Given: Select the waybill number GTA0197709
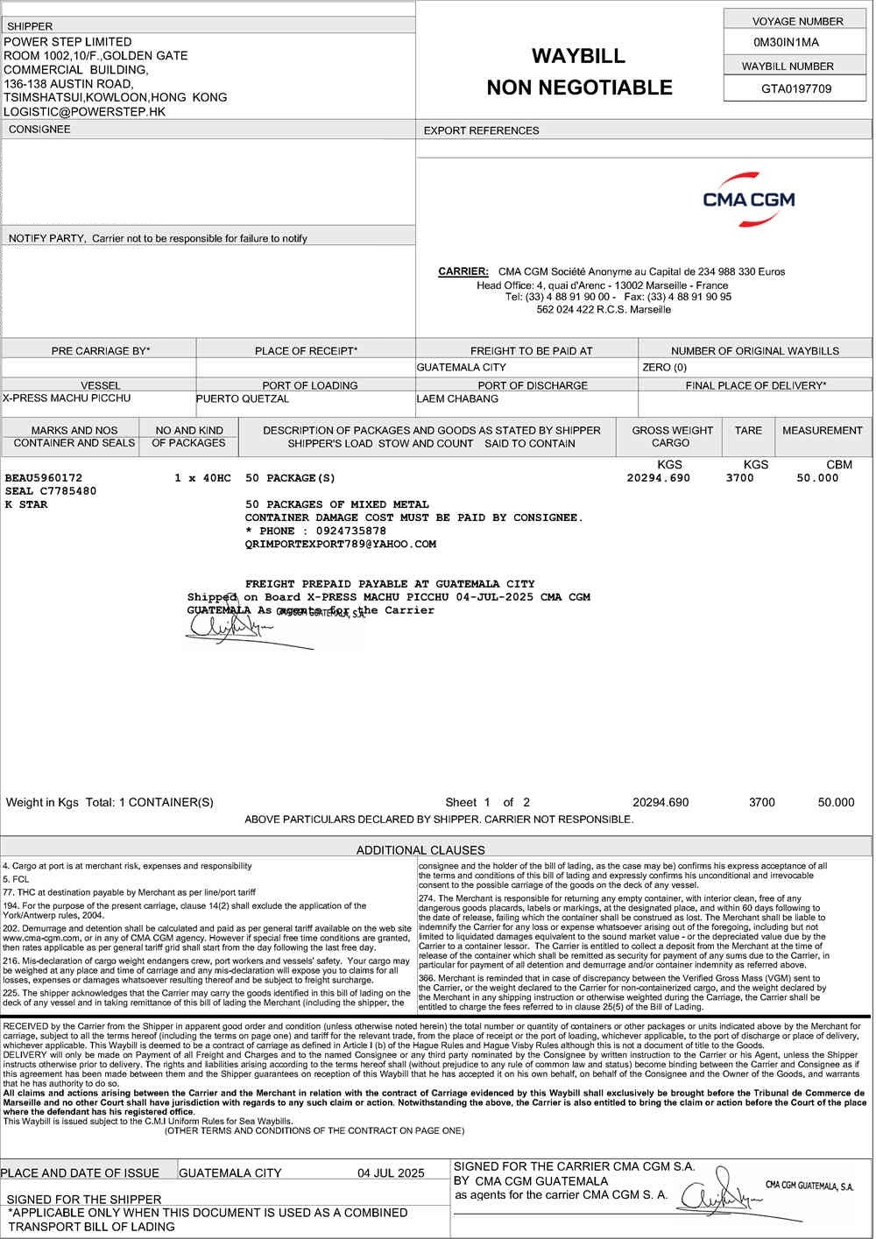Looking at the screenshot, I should click(796, 88).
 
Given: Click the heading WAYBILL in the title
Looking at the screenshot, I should click(578, 56).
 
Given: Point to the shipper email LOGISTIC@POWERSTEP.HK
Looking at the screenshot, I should click(85, 112).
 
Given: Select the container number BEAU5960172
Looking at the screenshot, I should click(44, 478).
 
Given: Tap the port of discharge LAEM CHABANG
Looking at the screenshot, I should click(457, 399).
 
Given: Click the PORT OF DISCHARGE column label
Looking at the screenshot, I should click(533, 385).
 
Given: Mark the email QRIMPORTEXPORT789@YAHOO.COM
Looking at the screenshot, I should click(341, 544).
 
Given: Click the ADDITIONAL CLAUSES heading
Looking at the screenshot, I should click(420, 849).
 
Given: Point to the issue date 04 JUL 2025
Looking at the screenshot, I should click(391, 1172).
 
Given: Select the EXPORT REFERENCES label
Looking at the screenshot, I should click(481, 130).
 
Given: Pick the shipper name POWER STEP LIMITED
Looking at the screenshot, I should click(68, 42).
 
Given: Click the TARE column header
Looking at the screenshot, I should click(748, 431).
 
